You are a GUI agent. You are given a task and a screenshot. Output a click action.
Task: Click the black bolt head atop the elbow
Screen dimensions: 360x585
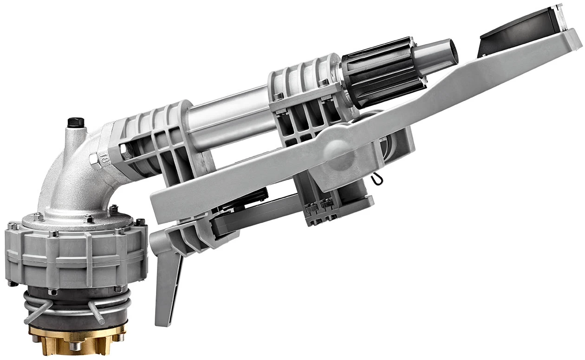coord(76,123)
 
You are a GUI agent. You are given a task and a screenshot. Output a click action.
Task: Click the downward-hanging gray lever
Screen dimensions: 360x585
coord(167,283)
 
